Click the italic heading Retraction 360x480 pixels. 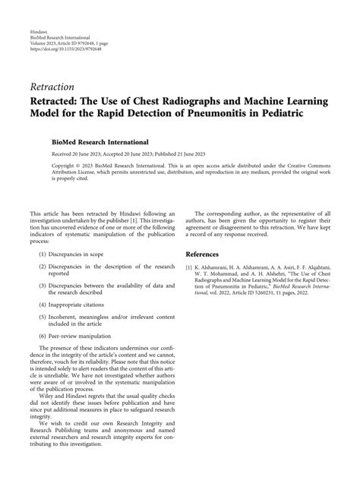tap(52, 86)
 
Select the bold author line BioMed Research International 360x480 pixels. tap(94, 142)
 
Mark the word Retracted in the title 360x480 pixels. tap(60, 101)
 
